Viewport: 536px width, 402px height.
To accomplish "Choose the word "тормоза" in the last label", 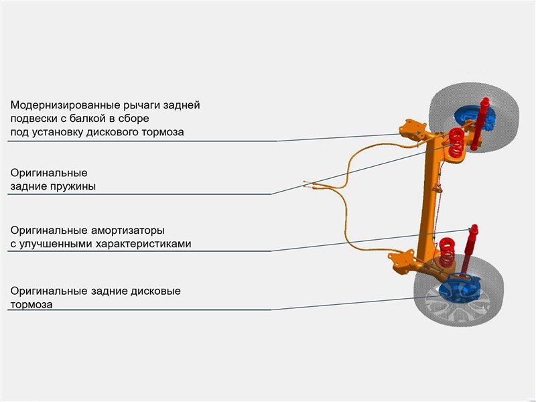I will pos(31,304).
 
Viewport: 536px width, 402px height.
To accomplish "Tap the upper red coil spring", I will pos(456,139).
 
